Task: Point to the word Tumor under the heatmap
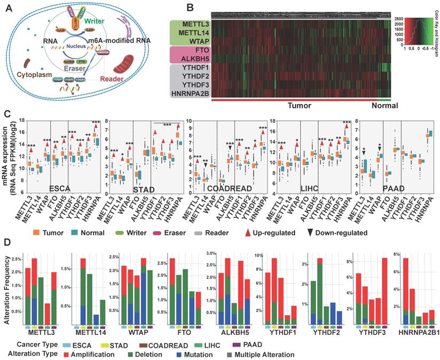tap(300, 106)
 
